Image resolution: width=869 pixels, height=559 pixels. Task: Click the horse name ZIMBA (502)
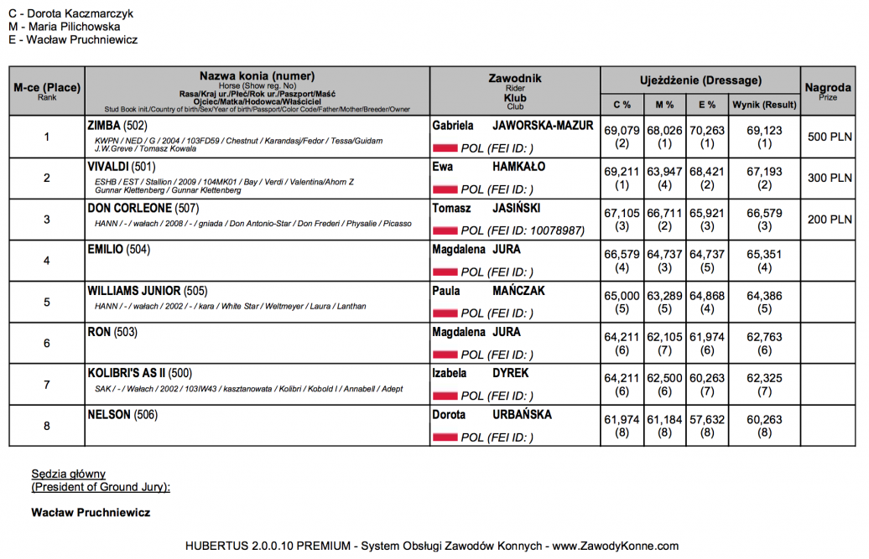[117, 126]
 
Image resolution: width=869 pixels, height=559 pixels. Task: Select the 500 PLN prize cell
[829, 137]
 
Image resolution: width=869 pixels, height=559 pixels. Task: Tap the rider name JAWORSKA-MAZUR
[543, 126]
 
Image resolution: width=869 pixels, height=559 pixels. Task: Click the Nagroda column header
[828, 88]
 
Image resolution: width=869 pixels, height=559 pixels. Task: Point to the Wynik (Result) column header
[763, 105]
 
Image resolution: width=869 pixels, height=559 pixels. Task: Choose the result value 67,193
[763, 171]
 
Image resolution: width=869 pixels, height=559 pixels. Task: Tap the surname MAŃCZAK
[523, 291]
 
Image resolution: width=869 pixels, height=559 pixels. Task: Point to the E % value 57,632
[707, 417]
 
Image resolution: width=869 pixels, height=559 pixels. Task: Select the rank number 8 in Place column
[47, 426]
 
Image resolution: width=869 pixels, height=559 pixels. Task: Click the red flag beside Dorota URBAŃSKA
[445, 437]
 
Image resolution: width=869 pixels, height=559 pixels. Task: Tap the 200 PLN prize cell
[829, 220]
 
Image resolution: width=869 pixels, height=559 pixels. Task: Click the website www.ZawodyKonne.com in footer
[615, 546]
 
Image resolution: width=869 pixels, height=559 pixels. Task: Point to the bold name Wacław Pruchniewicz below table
[90, 511]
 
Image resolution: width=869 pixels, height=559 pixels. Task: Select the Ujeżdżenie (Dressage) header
[700, 80]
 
